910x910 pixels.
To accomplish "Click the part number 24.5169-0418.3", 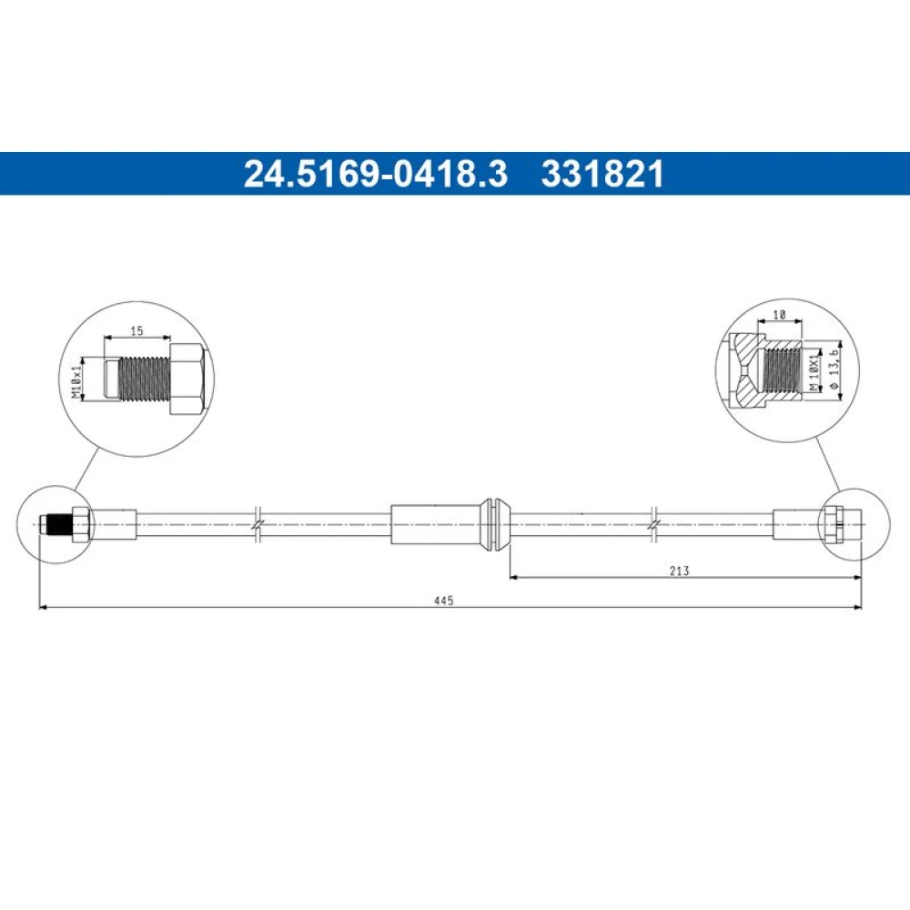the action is (x=376, y=174).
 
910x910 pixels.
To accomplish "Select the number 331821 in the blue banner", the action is (x=602, y=174).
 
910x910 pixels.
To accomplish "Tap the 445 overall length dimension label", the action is (x=443, y=601).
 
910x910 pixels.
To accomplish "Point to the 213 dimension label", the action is (x=679, y=571).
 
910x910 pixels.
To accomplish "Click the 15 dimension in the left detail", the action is (x=136, y=331).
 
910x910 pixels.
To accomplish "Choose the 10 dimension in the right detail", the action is (x=780, y=315).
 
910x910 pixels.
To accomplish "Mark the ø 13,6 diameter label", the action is (x=834, y=369).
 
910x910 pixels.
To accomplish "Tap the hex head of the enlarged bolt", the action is (x=187, y=379).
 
